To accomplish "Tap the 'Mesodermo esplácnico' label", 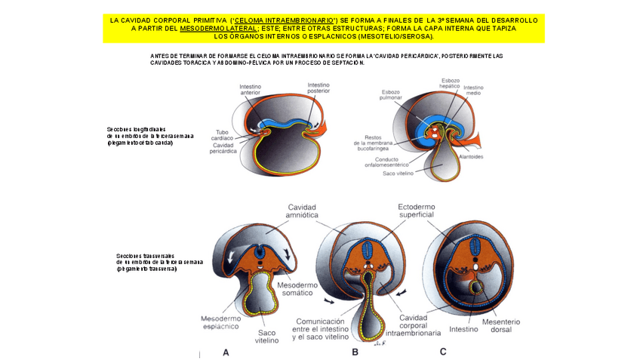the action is click(220, 322).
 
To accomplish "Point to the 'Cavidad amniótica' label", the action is click(301, 211).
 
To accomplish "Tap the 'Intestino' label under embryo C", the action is click(463, 329).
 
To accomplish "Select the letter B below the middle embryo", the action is click(355, 352).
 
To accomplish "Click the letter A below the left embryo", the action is click(226, 352).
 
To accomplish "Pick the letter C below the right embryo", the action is click(443, 351).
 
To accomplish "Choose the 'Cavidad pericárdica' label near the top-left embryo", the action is click(223, 148).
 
